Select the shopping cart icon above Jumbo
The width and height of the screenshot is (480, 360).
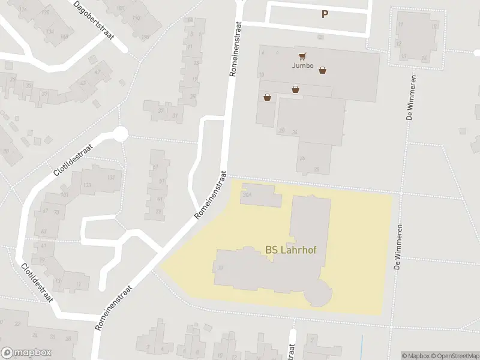pos(303,56)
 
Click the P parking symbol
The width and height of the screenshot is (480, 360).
pos(325,14)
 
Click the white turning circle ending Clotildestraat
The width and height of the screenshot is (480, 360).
pos(121,134)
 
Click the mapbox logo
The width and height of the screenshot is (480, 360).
pos(26,352)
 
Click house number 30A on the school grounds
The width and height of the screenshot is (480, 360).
pos(245,194)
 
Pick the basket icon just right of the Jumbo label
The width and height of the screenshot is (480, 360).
pos(323,70)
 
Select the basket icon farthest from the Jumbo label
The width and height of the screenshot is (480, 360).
pos(266,97)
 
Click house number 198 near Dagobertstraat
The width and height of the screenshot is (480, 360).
pos(145,37)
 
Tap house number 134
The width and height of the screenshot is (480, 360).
pos(50,32)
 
